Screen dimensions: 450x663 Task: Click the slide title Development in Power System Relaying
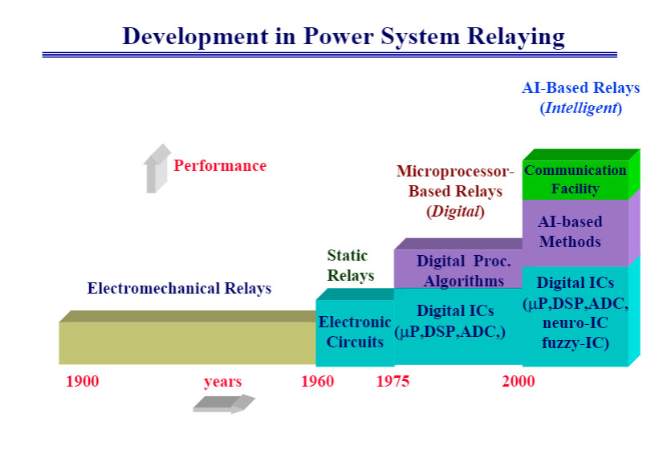[x=344, y=36]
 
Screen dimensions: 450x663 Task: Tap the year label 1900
[x=82, y=381]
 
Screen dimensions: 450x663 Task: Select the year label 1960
[x=318, y=381]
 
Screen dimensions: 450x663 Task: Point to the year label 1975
[x=393, y=381]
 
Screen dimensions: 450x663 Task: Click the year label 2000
[x=519, y=381]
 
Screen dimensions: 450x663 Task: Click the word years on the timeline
[x=222, y=381]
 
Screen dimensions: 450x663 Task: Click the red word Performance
[x=220, y=166]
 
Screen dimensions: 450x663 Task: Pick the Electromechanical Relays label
[x=179, y=288]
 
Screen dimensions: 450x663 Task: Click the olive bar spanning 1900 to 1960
[x=187, y=343]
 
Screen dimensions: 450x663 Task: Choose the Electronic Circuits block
[x=355, y=332]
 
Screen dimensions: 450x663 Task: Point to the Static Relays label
[x=350, y=266]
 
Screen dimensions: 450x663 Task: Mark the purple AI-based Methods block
[x=570, y=232]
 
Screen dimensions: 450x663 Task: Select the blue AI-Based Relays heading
[x=580, y=87]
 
